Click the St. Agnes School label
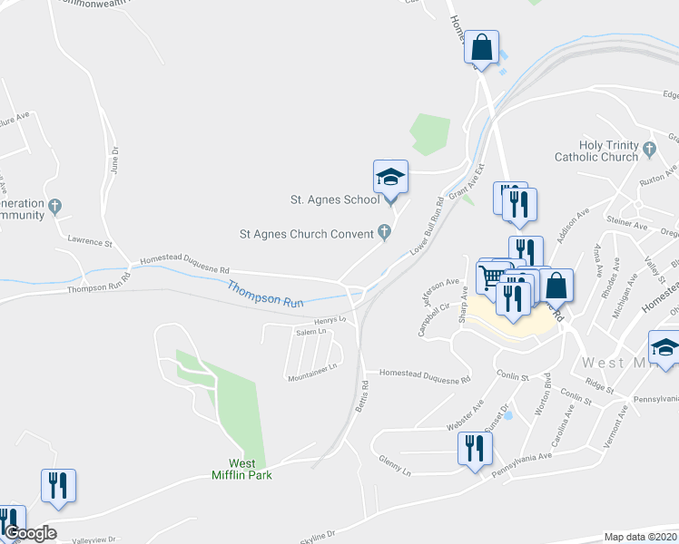coord(334,199)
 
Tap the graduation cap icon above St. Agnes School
coord(390,177)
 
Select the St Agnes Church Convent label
coord(306,233)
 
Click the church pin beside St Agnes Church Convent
coord(384,233)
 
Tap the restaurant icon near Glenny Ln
coord(474,449)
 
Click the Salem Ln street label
coord(310,333)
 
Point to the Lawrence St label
coord(88,243)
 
